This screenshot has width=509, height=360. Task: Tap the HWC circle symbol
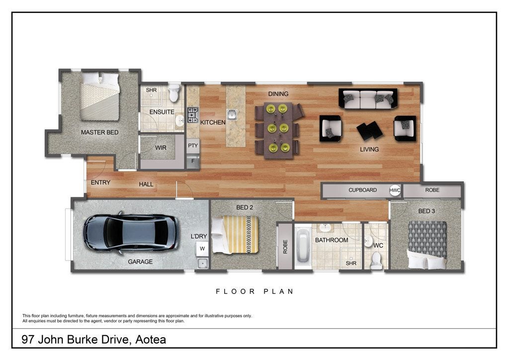[x=395, y=190]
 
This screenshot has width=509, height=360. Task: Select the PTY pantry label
[x=193, y=146]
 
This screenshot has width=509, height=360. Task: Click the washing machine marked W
[x=202, y=249]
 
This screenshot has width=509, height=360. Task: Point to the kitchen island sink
[x=232, y=114]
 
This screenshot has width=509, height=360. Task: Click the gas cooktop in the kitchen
[x=193, y=115]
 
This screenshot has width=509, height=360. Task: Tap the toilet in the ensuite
[x=174, y=93]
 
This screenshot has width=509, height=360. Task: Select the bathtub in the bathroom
[x=303, y=245]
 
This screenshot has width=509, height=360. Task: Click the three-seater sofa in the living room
[x=368, y=98]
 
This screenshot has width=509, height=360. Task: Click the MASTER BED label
[x=99, y=132]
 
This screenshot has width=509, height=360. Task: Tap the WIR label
[x=161, y=148]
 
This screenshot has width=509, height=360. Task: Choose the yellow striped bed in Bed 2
[x=235, y=235]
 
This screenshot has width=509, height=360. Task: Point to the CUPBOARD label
[x=362, y=190]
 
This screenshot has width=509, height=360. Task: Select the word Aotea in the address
[x=151, y=340]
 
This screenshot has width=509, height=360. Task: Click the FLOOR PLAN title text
[x=254, y=291]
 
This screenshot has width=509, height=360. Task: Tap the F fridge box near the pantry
[x=193, y=161]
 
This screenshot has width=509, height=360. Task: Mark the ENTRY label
[x=100, y=182]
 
